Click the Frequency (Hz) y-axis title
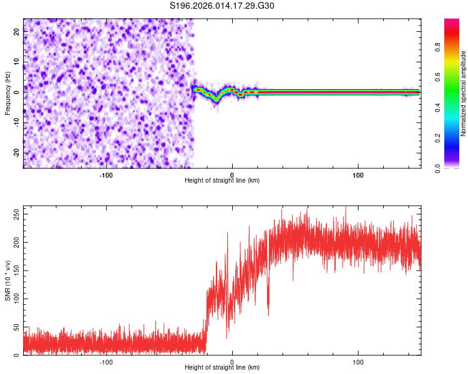(x=7, y=93)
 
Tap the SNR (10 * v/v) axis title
(x=7, y=281)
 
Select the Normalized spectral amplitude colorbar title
(x=464, y=93)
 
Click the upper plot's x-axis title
(x=222, y=180)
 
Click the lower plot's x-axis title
(x=222, y=367)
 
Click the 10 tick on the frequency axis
(x=17, y=62)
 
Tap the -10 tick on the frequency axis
(x=16, y=123)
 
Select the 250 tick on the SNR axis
(x=14, y=213)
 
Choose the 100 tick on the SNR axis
(x=14, y=299)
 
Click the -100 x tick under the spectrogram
(x=105, y=175)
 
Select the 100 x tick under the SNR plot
(x=358, y=362)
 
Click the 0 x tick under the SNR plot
(x=232, y=362)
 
